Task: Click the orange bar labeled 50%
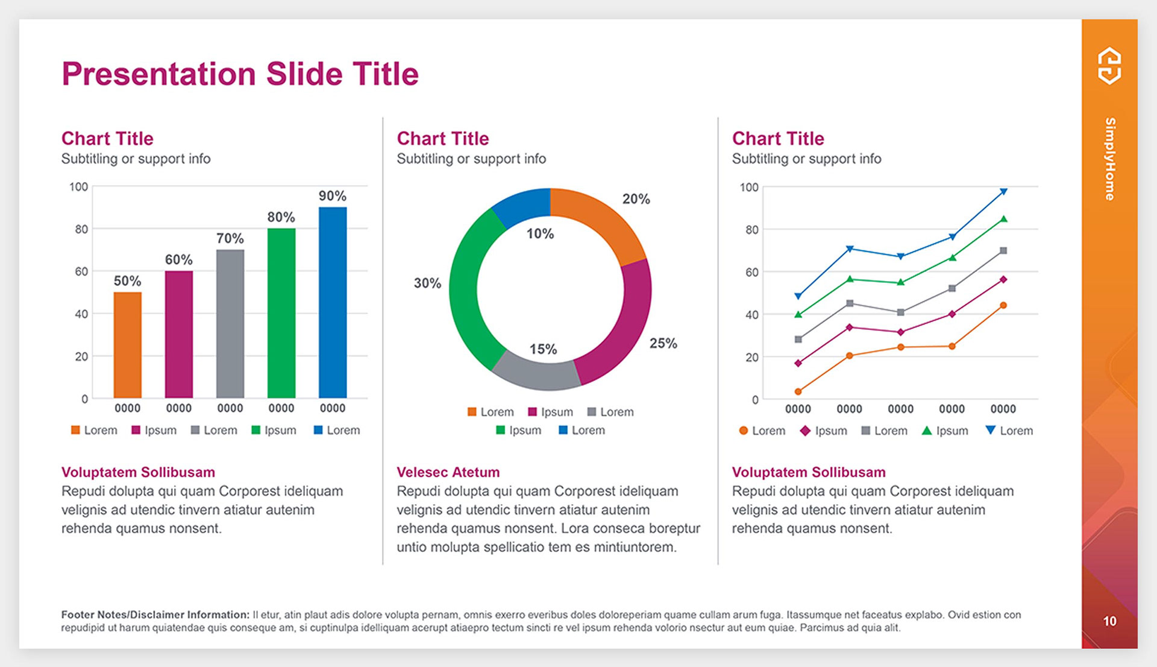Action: (x=128, y=344)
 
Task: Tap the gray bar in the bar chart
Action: (x=230, y=323)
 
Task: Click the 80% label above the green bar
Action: (x=281, y=217)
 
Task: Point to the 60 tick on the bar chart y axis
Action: (x=81, y=271)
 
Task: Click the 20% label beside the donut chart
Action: (x=636, y=199)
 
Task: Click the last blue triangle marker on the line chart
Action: (x=1003, y=192)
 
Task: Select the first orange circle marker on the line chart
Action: (x=798, y=391)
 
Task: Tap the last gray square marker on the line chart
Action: (x=1003, y=250)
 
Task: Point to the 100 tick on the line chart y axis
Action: (x=749, y=188)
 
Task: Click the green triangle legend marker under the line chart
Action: (x=927, y=431)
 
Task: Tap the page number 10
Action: (x=1109, y=621)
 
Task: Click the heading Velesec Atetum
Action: (x=448, y=472)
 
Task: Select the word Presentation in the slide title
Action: (x=158, y=74)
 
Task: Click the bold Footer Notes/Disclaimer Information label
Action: (x=155, y=615)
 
